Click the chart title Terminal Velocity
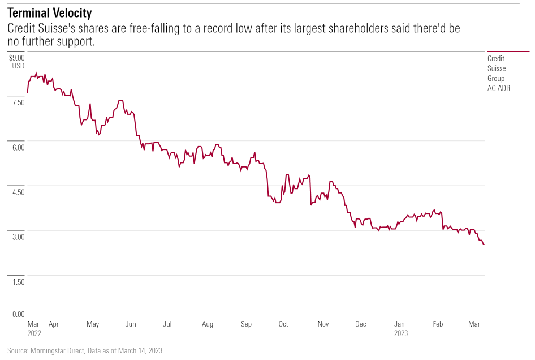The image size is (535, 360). click(50, 12)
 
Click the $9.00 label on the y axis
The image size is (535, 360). click(17, 57)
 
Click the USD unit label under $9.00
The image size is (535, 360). click(18, 66)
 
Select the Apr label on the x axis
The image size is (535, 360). click(54, 324)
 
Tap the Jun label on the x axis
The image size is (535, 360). click(130, 324)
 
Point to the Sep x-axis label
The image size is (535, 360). click(246, 324)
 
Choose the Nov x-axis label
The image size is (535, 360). click(323, 324)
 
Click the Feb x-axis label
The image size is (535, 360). click(438, 324)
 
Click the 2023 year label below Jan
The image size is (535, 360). click(401, 333)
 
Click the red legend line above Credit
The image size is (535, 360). click(508, 52)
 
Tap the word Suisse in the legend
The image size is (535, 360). click(497, 68)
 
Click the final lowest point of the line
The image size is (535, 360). click(484, 245)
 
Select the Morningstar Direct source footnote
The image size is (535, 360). click(85, 351)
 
